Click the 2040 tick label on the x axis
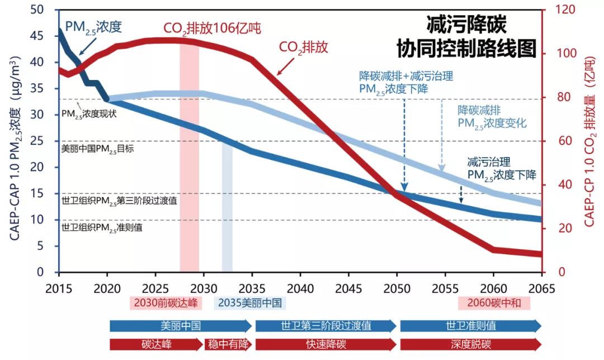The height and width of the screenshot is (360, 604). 300,289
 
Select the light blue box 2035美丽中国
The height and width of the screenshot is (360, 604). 250,303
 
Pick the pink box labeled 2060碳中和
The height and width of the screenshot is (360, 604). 493,303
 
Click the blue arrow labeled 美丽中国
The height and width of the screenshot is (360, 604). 181,326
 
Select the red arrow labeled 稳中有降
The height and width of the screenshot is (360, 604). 228,344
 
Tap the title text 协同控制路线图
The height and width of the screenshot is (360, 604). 466,49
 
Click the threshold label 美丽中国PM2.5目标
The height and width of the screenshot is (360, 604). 97,149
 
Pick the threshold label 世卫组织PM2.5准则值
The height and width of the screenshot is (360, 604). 101,228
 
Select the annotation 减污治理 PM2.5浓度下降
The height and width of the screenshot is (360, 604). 502,168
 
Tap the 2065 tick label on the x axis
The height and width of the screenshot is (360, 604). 541,289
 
